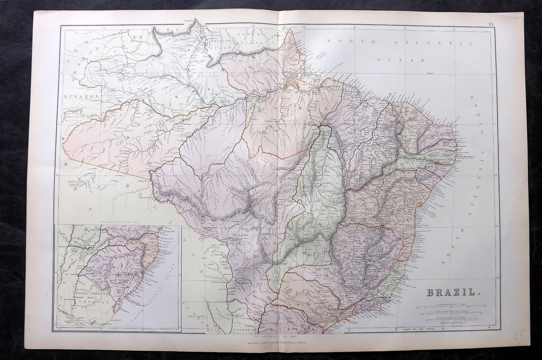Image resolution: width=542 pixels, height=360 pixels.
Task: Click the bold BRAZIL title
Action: pyautogui.click(x=450, y=292)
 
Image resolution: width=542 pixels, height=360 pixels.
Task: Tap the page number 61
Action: pyautogui.click(x=491, y=24)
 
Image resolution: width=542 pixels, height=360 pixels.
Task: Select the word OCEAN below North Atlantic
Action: pyautogui.click(x=407, y=59)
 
